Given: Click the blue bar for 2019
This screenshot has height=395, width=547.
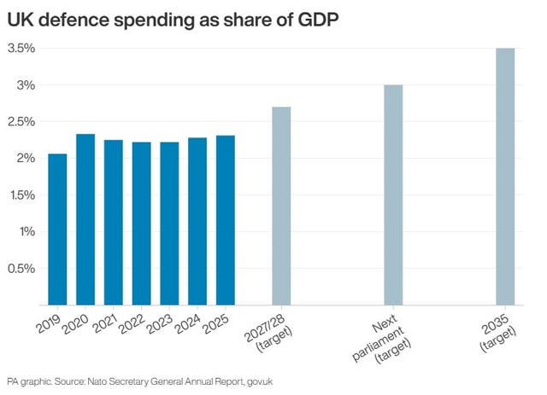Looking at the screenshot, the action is click(x=57, y=229).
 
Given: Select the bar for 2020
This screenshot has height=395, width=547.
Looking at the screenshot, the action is click(x=85, y=219).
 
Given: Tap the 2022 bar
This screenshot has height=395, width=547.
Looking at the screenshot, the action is click(x=142, y=224).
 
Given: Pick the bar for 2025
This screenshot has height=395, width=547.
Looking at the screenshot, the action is click(x=226, y=220).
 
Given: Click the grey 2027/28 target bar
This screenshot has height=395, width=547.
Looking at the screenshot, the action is click(x=281, y=206).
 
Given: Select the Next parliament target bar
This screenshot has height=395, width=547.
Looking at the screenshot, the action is click(x=393, y=195).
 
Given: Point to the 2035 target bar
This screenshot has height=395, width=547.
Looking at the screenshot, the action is click(x=505, y=177).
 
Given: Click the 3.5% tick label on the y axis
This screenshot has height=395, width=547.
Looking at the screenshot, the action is click(x=21, y=49).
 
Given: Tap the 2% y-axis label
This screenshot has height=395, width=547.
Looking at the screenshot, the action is click(x=26, y=159).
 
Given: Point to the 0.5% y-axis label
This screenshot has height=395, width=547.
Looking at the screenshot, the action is click(x=21, y=269).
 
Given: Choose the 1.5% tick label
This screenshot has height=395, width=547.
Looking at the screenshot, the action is click(x=21, y=195).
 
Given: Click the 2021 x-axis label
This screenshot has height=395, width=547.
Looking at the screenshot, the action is click(x=104, y=324).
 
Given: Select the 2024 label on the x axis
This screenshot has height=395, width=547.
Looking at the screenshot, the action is click(x=188, y=324).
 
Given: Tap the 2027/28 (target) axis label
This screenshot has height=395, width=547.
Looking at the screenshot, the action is click(x=268, y=333).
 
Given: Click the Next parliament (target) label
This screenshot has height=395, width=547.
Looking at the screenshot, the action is click(x=382, y=338).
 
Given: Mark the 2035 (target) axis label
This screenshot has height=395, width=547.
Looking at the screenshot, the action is click(x=497, y=333).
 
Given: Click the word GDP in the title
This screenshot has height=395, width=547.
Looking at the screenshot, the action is click(x=318, y=20).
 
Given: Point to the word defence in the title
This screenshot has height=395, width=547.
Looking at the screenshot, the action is click(x=74, y=20).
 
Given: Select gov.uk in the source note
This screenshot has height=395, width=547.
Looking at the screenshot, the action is click(x=260, y=381).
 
